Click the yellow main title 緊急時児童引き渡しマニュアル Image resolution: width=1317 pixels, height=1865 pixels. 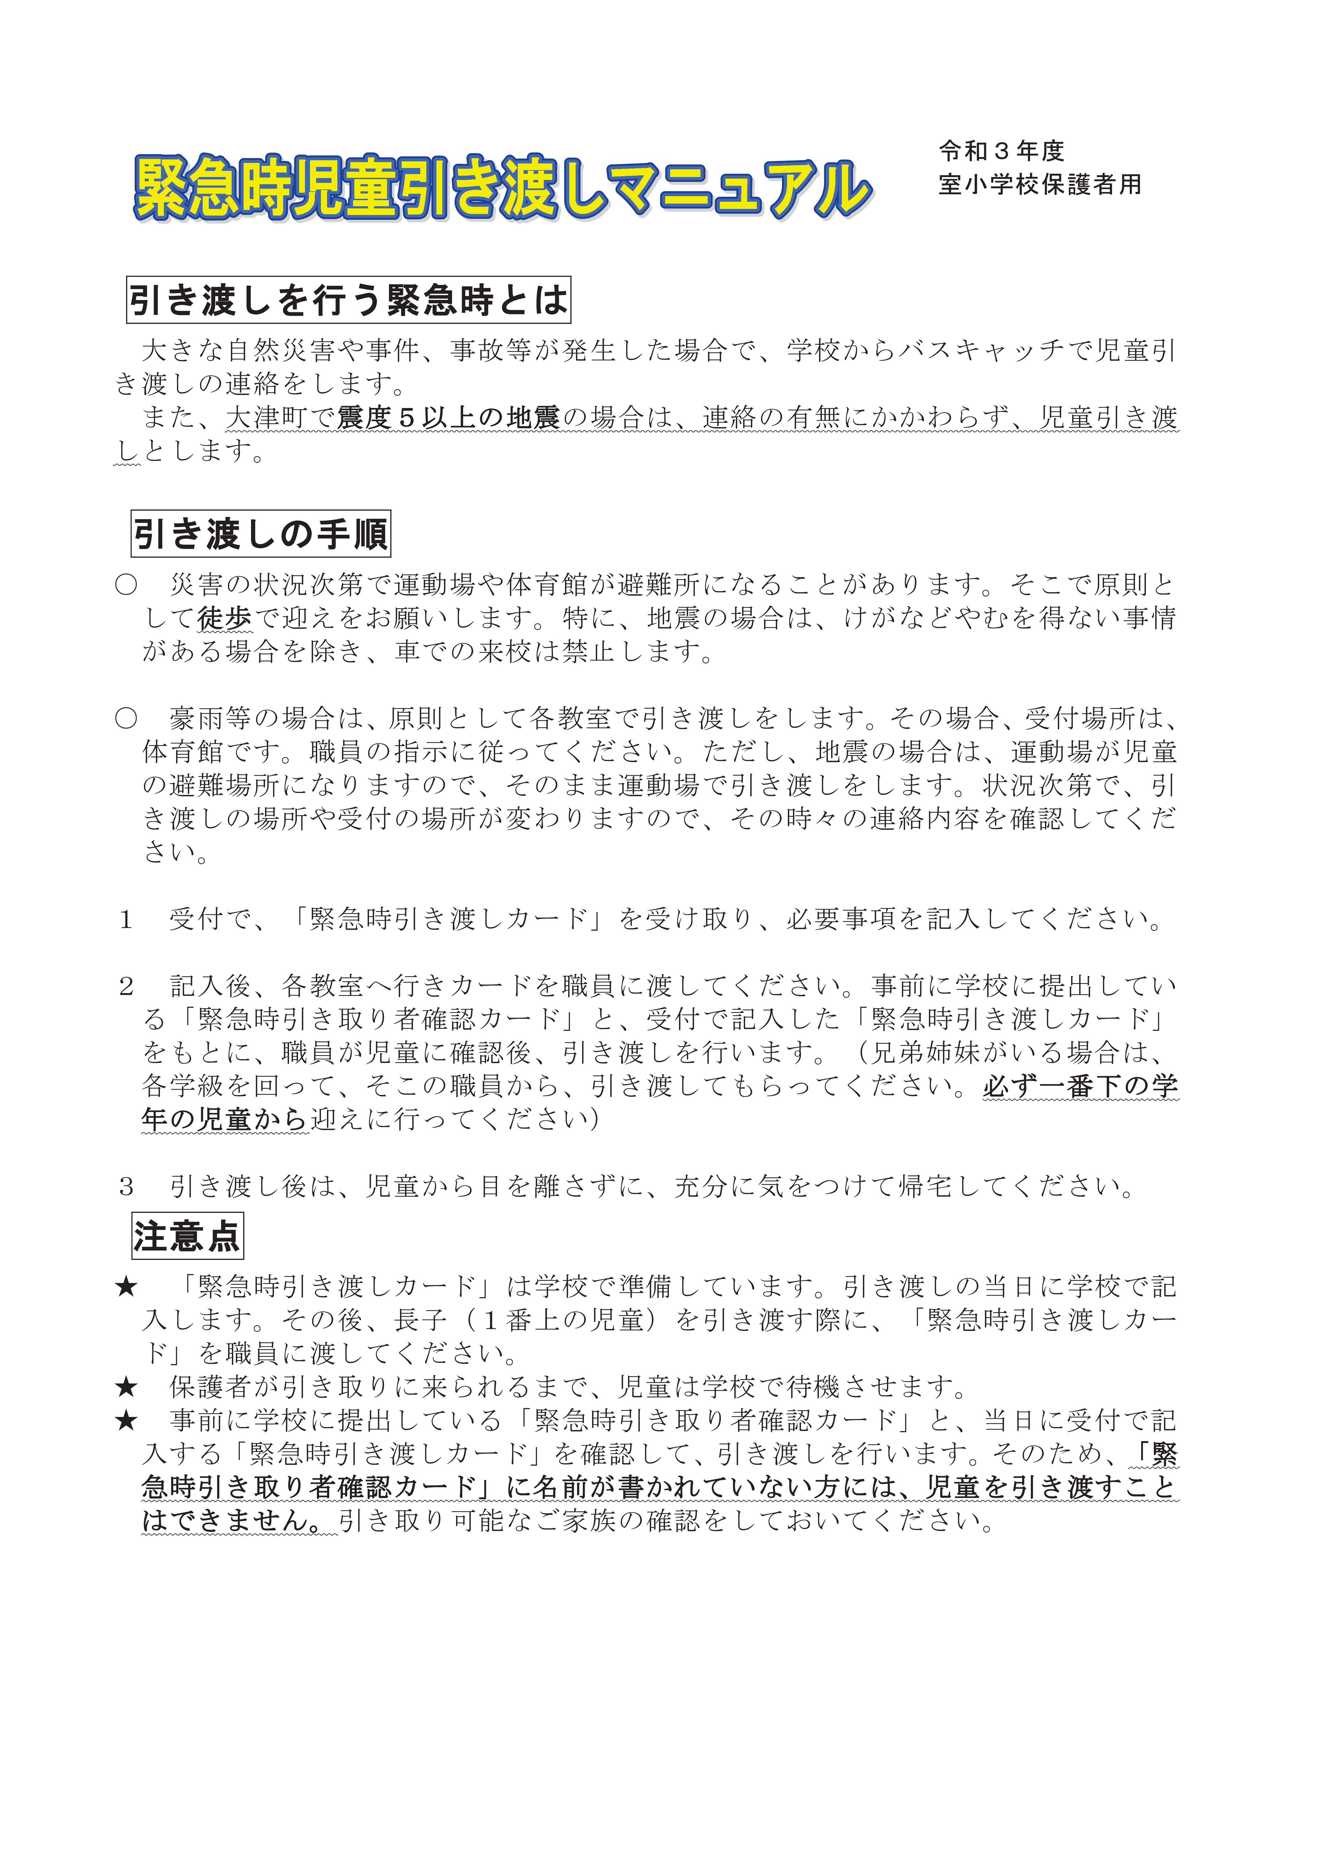tap(502, 188)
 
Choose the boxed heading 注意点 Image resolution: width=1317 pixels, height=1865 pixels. tap(187, 1236)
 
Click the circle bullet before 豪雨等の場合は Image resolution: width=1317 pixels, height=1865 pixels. tap(126, 718)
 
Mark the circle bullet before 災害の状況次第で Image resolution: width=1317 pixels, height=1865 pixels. tap(126, 585)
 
